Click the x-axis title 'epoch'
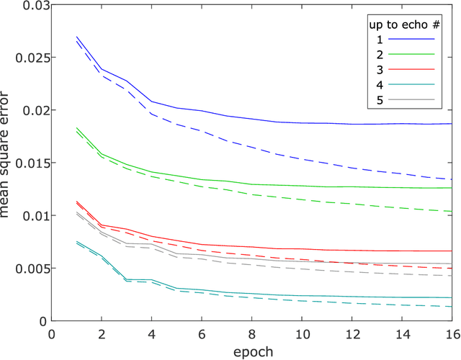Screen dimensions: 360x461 point(251,351)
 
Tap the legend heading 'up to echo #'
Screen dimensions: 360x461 point(400,23)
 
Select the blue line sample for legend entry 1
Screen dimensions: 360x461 point(412,39)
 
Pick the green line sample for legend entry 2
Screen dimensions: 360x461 point(412,54)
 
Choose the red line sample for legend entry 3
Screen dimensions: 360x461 point(412,68)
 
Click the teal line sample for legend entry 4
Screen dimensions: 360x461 point(412,84)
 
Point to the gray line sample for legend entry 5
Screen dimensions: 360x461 point(412,99)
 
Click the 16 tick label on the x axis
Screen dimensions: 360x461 point(451,335)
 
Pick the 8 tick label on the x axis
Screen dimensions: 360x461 point(251,335)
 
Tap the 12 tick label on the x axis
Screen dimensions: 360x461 point(351,335)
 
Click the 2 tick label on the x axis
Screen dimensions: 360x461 point(102,335)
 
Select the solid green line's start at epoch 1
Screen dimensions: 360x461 point(76,128)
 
